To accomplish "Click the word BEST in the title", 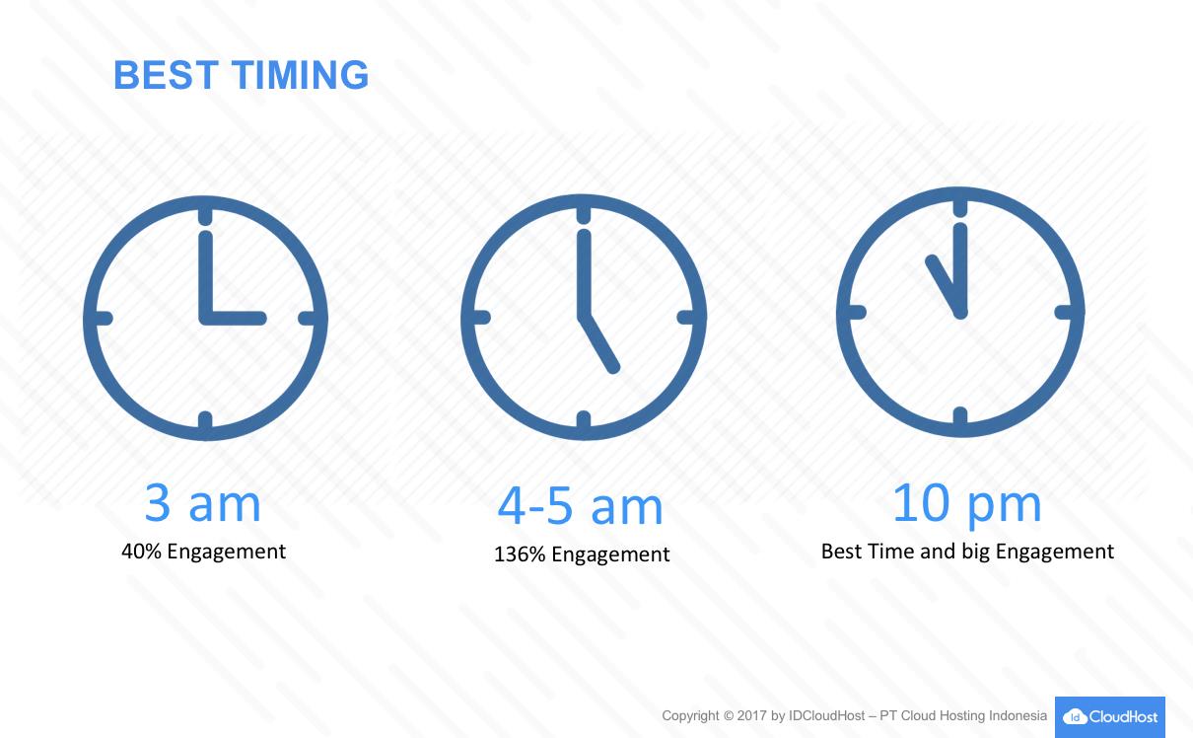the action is click(x=167, y=75).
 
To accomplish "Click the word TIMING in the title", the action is click(x=300, y=75).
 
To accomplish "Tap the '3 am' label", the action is click(x=202, y=503).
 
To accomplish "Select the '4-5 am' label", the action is click(x=580, y=506).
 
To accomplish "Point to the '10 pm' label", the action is click(x=966, y=504).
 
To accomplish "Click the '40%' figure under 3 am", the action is click(x=141, y=551).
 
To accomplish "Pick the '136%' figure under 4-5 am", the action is click(x=520, y=554).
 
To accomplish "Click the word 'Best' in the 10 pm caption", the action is click(x=841, y=551).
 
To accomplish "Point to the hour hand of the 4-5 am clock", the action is click(x=599, y=343).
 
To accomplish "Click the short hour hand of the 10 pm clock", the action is click(x=945, y=285).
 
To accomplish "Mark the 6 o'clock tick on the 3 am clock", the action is click(x=206, y=421).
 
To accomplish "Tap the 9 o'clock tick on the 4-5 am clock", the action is click(x=480, y=318).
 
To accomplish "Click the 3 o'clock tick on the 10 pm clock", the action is click(x=1065, y=312).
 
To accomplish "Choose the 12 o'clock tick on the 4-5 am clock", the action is click(x=584, y=214).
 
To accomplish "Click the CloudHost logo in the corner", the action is click(x=1110, y=716).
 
